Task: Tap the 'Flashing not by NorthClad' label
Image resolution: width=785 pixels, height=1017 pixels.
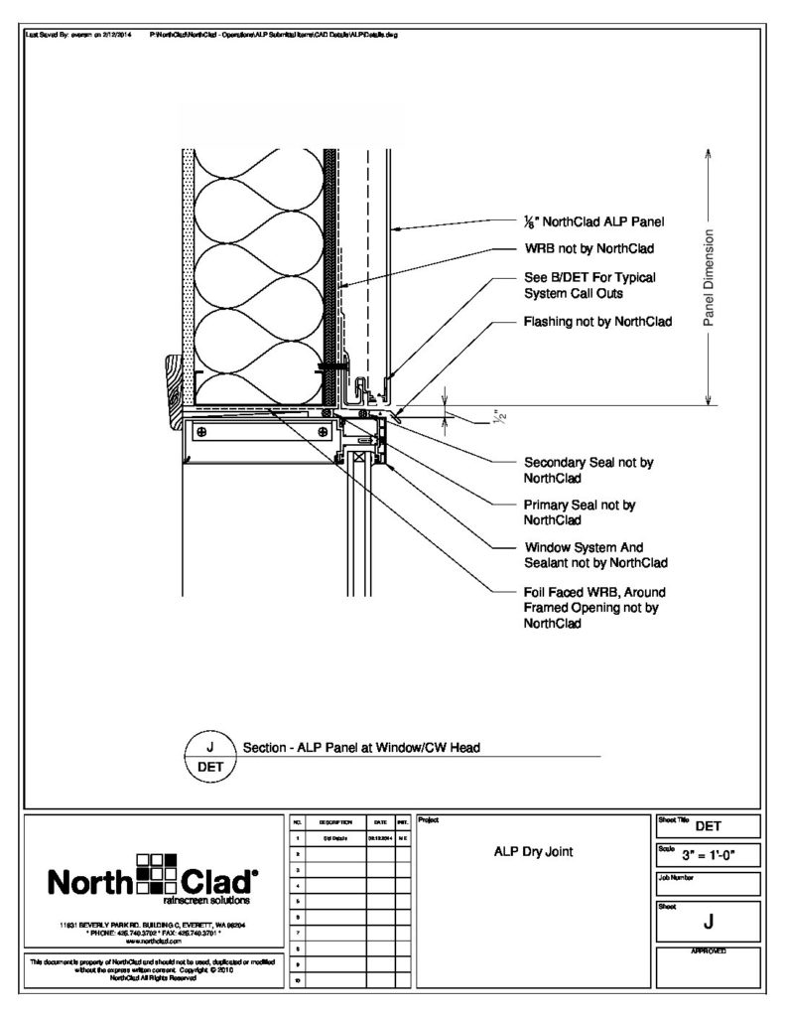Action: [x=597, y=322]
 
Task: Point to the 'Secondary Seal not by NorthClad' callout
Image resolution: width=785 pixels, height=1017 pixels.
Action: [x=588, y=470]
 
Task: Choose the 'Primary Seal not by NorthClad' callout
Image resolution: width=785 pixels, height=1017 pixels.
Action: [x=579, y=511]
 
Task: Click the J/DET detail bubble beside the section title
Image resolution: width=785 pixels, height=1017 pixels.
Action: [x=208, y=756]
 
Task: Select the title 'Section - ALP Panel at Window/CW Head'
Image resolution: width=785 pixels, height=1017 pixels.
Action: [x=361, y=748]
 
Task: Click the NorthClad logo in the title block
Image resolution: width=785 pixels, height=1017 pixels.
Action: [x=150, y=878]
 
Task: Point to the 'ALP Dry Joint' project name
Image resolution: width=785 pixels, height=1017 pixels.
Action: [x=534, y=851]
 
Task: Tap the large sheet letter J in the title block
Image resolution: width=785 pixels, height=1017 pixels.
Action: [x=708, y=923]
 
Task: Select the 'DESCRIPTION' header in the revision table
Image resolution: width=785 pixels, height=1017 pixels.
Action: [x=328, y=823]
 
